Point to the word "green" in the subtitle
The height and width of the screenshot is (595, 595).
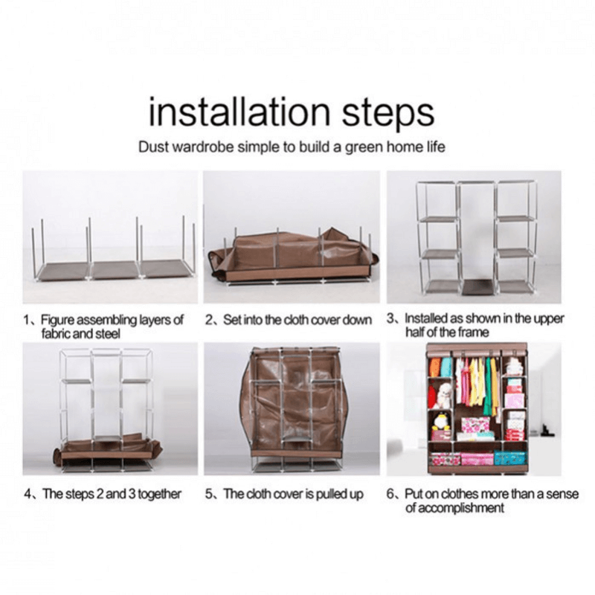click(364, 147)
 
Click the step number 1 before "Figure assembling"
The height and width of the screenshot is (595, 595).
click(27, 320)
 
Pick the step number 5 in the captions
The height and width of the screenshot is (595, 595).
click(209, 494)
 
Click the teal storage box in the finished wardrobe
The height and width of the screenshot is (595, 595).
click(509, 457)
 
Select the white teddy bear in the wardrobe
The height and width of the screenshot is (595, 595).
click(443, 395)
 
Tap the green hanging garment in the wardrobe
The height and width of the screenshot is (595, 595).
click(488, 383)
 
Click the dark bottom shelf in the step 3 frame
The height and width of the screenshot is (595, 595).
click(477, 286)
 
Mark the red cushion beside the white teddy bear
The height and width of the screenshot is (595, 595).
click(432, 396)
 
